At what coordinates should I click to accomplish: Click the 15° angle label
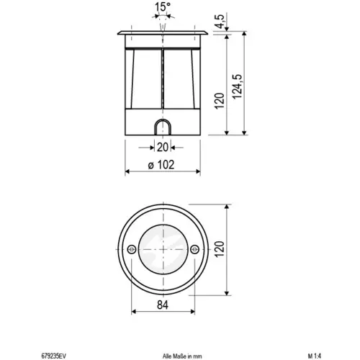163,6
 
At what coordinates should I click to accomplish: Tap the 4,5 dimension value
220,22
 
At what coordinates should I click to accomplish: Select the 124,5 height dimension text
238,86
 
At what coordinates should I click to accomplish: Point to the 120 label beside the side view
220,101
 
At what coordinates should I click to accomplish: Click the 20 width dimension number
163,147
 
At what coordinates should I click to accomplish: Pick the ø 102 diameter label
161,165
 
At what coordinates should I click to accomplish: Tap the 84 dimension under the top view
163,305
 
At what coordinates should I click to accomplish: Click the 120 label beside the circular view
220,249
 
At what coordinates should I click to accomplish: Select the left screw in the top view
132,250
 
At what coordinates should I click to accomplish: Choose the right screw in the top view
194,250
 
